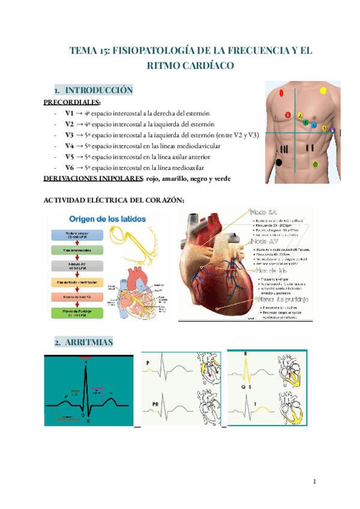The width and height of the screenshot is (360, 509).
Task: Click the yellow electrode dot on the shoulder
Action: click(x=323, y=91)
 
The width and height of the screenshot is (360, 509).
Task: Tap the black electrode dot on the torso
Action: click(x=279, y=163)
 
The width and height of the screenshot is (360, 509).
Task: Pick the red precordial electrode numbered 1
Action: click(x=288, y=114)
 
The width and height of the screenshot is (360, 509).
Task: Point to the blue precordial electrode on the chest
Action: click(x=313, y=125)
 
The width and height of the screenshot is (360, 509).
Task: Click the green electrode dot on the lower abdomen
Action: click(x=316, y=164)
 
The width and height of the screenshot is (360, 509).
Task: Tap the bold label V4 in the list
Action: click(x=70, y=145)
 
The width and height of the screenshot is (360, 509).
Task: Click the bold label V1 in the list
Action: click(x=70, y=113)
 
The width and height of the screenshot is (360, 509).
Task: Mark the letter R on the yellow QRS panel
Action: click(x=246, y=354)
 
